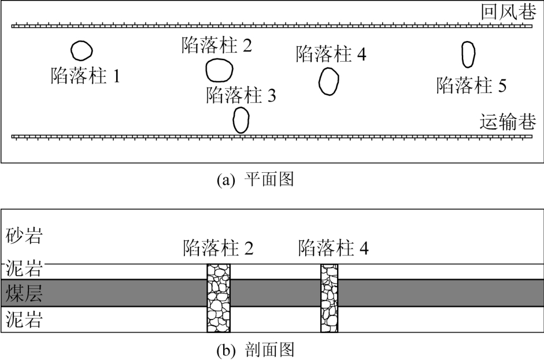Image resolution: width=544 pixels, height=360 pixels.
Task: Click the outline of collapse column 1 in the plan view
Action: pyautogui.click(x=72, y=51)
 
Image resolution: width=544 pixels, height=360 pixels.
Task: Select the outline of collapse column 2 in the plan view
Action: pyautogui.click(x=206, y=70)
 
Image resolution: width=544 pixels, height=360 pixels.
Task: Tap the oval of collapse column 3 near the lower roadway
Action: pyautogui.click(x=234, y=120)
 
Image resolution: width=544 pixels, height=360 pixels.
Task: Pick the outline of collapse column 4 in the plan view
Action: pyautogui.click(x=320, y=81)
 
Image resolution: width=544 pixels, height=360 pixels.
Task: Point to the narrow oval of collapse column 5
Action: pyautogui.click(x=463, y=55)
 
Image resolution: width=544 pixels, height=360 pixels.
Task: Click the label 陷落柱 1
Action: pyautogui.click(x=86, y=75)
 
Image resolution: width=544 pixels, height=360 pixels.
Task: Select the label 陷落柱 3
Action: pyautogui.click(x=241, y=95)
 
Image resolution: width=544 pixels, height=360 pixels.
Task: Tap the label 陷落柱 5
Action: pyautogui.click(x=472, y=86)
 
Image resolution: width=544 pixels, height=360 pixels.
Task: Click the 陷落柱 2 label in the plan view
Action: pyautogui.click(x=217, y=45)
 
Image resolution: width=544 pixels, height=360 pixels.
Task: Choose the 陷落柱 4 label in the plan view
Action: pyautogui.click(x=331, y=54)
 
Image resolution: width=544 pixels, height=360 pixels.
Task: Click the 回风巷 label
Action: pyautogui.click(x=509, y=12)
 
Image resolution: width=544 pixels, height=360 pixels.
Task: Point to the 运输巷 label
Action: pyautogui.click(x=508, y=122)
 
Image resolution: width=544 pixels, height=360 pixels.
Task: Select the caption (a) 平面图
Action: pyautogui.click(x=256, y=179)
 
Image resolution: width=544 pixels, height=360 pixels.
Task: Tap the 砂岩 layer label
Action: pyautogui.click(x=24, y=236)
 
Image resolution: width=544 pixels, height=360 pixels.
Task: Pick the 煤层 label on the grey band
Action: pyautogui.click(x=24, y=293)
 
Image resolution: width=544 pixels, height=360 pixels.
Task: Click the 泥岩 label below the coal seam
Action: pyautogui.click(x=24, y=319)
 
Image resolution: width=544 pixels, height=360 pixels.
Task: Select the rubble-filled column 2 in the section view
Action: pyautogui.click(x=219, y=298)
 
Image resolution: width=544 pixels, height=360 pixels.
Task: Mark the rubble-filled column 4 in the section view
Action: pyautogui.click(x=330, y=298)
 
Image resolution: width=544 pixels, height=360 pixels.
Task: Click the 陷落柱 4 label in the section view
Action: pyautogui.click(x=334, y=248)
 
